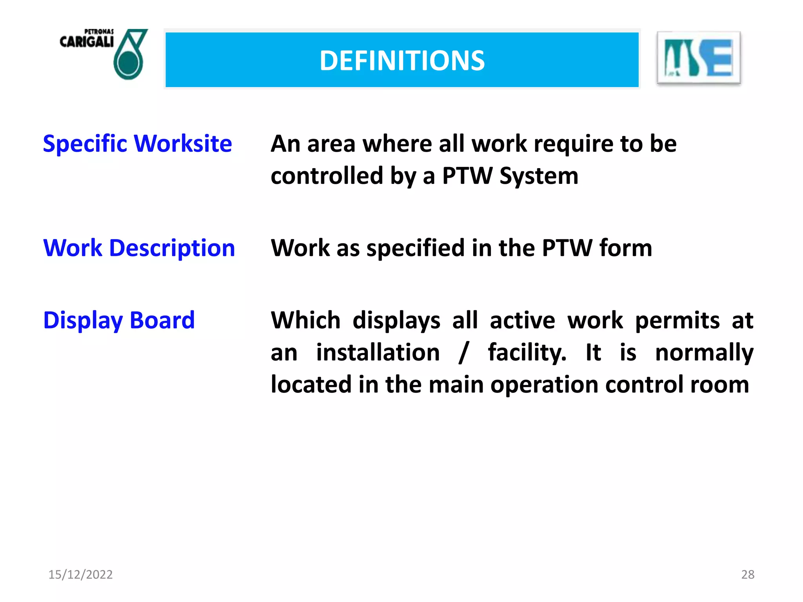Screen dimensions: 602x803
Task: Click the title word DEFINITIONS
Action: [402, 61]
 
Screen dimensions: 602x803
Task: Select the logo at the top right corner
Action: [698, 58]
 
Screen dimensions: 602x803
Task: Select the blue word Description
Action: [172, 248]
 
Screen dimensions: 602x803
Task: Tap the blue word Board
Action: [162, 320]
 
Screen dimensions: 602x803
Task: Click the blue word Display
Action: [83, 320]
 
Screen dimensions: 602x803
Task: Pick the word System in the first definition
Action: [539, 176]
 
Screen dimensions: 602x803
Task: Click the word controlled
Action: [327, 176]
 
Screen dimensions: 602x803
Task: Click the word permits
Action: [677, 320]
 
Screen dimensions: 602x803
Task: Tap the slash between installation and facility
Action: [464, 352]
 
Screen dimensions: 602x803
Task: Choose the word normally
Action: [704, 352]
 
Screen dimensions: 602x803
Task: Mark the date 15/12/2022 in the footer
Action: [80, 575]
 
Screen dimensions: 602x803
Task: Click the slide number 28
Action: [748, 575]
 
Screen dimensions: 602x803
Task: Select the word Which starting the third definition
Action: [305, 320]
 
